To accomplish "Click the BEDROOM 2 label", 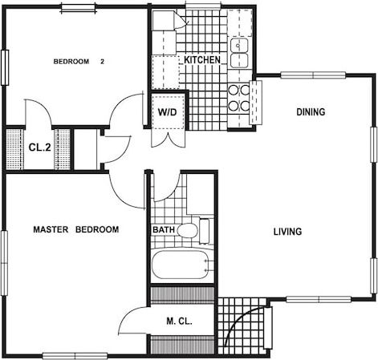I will point(79,62).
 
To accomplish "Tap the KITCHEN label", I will point(203,61).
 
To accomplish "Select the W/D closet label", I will point(167,111).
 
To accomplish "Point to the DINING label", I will point(311,112).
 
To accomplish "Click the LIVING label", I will point(287,233).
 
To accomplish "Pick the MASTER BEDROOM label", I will point(75,230).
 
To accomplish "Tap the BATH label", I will point(163,231).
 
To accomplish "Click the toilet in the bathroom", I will point(189,232).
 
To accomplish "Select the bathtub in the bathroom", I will point(181,265).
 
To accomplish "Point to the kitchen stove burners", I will point(238,97).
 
